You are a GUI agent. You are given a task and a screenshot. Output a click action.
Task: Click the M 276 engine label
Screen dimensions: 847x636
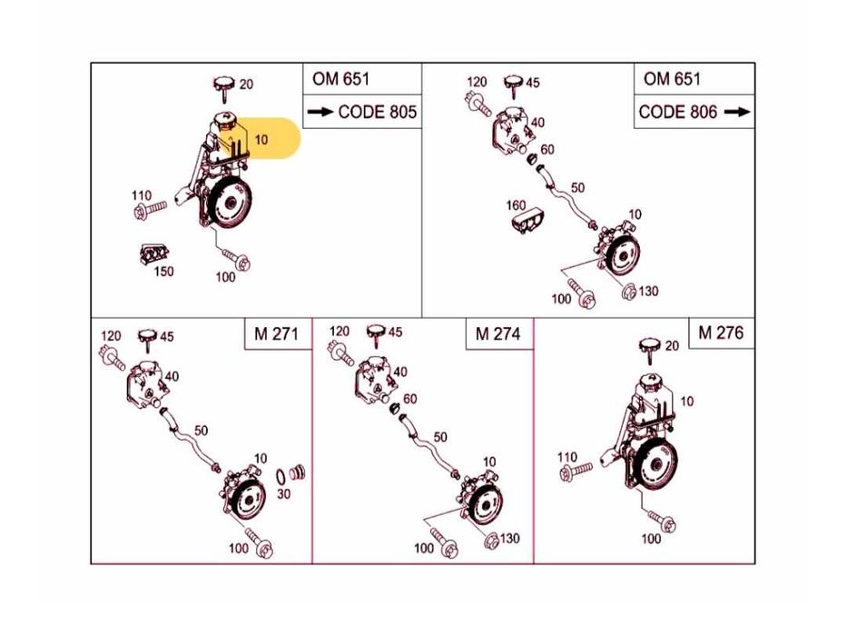click(x=721, y=333)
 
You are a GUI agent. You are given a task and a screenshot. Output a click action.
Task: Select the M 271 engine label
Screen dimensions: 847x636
click(x=276, y=333)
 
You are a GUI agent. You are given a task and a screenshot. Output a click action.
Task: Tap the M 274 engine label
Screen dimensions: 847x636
click(x=497, y=333)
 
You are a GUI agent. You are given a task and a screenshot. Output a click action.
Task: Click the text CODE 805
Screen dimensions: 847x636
click(x=377, y=112)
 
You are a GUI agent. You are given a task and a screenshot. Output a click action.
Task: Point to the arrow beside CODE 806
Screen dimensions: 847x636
click(x=737, y=112)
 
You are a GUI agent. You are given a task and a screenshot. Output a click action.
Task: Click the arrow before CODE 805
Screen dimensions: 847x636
click(x=320, y=112)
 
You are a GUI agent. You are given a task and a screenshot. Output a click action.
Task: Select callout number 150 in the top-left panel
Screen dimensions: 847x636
click(x=163, y=271)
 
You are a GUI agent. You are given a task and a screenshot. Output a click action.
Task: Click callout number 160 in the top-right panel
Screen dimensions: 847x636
click(x=516, y=205)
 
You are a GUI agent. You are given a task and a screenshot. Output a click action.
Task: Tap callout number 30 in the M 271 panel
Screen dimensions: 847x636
click(x=283, y=493)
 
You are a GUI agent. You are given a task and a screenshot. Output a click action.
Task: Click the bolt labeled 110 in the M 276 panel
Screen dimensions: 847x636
click(x=576, y=472)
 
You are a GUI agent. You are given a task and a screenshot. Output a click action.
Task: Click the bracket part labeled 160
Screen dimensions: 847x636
click(x=527, y=220)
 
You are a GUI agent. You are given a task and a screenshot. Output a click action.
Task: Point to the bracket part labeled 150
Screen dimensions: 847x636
click(x=153, y=253)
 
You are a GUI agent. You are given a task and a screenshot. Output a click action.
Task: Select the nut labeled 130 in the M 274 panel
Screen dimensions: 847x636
click(x=490, y=541)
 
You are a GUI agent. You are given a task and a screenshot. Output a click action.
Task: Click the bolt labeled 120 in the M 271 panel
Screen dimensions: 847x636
click(x=113, y=357)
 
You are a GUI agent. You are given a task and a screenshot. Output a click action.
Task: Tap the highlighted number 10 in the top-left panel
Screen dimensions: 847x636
click(x=261, y=140)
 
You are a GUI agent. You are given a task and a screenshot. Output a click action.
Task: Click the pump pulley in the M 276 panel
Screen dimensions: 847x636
click(x=655, y=465)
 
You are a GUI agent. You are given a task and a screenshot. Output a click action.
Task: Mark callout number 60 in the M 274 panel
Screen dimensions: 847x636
click(x=410, y=399)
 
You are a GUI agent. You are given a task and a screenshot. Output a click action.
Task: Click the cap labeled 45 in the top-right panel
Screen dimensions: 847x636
click(x=514, y=85)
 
